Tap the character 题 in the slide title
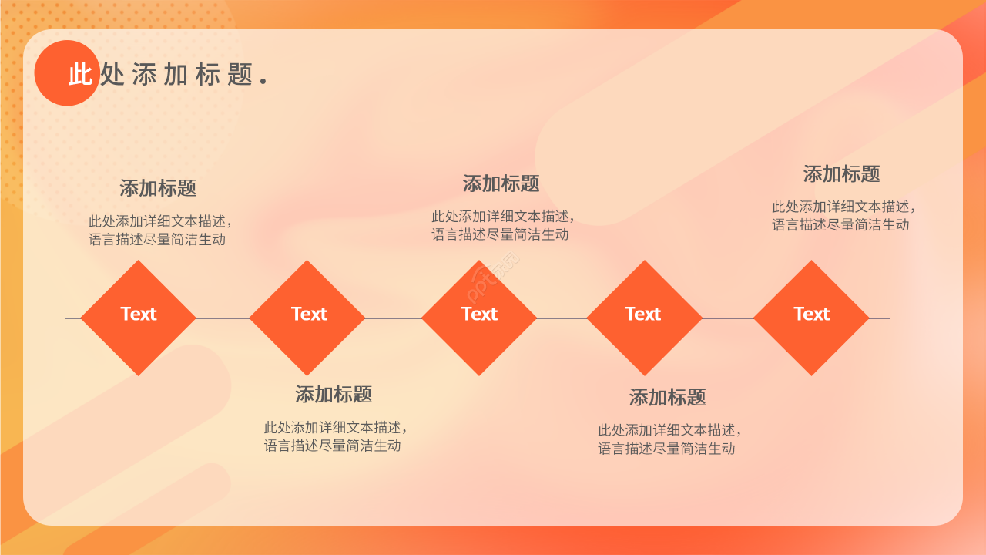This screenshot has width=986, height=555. (240, 74)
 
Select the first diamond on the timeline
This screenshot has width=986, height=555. (139, 318)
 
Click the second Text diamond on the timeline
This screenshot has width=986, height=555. (307, 318)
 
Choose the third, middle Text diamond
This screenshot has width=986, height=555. (479, 318)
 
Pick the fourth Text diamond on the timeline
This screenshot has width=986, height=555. (644, 318)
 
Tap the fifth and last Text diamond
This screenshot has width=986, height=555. (811, 318)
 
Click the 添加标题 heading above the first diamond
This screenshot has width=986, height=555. (158, 188)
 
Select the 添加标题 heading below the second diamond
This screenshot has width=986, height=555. (334, 395)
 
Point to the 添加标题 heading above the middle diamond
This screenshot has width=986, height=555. (501, 183)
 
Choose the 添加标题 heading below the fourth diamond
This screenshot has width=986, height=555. (667, 398)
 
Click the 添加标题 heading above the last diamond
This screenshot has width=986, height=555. (841, 174)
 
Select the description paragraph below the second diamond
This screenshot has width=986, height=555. (334, 436)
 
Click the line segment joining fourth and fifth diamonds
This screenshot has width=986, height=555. (728, 318)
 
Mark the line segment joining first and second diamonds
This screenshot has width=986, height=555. (223, 318)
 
